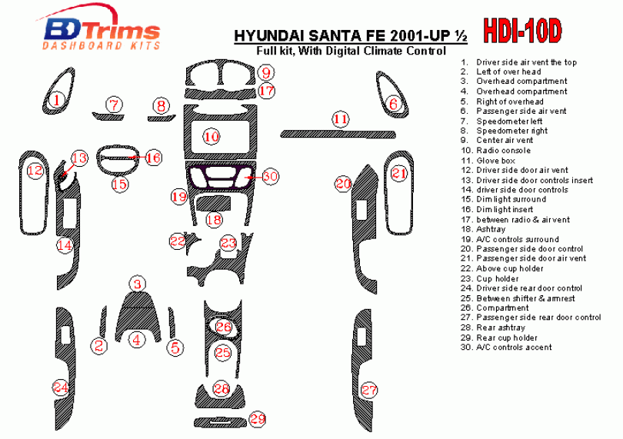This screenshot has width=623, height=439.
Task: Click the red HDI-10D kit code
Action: click(522, 31)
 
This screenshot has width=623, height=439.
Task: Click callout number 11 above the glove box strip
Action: click(340, 119)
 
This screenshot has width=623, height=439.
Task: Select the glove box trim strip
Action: click(338, 134)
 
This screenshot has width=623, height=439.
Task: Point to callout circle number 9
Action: click(266, 73)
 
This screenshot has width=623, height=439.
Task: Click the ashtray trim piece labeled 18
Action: click(213, 203)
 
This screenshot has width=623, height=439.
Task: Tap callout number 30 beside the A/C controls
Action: click(270, 176)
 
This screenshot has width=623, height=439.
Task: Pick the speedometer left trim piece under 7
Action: click(108, 116)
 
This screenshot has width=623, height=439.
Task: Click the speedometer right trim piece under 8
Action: click(162, 118)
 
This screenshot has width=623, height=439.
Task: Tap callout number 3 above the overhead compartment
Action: click(138, 284)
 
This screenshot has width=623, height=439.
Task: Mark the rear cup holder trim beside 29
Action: click(219, 421)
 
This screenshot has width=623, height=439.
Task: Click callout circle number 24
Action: click(61, 387)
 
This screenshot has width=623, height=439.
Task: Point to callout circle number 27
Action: click(368, 390)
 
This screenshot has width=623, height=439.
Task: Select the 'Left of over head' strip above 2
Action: click(103, 321)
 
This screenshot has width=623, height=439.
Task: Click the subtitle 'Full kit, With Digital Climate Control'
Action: click(351, 51)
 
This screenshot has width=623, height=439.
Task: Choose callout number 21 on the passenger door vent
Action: click(399, 173)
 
